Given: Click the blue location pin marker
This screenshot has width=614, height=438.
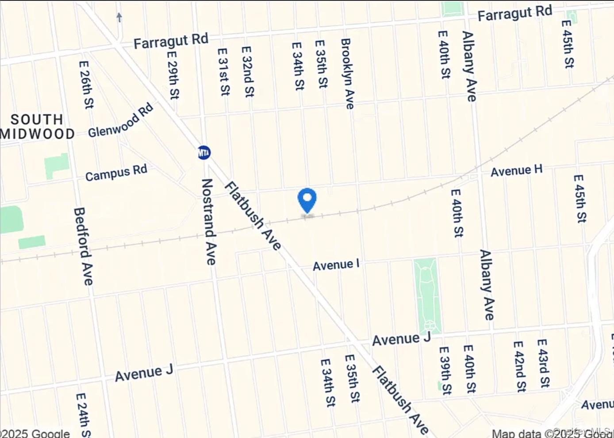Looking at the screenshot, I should click(307, 200).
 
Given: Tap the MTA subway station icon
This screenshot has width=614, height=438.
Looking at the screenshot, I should click(204, 153).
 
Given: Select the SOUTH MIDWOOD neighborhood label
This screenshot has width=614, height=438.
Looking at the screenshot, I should click(38, 127).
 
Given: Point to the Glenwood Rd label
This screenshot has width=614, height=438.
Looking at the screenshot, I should click(120, 120).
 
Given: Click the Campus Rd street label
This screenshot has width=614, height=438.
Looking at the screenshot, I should click(116, 173).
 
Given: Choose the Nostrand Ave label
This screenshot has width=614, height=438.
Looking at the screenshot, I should click(208, 221).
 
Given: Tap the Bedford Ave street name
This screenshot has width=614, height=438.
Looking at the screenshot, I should click(83, 246).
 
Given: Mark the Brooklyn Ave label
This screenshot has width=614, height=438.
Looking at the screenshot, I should click(347, 73).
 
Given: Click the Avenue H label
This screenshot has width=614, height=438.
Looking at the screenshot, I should click(516, 170).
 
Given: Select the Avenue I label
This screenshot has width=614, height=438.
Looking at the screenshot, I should click(336, 265).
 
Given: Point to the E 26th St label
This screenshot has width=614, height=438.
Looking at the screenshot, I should click(86, 85).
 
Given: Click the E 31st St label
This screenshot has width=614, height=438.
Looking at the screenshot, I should click(224, 72).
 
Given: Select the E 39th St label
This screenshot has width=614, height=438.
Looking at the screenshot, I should click(445, 370).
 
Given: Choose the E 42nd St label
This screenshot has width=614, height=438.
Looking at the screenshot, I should click(519, 366).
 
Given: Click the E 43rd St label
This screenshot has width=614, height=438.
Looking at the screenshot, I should click(544, 363).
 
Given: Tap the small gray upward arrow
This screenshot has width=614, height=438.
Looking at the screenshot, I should click(119, 17).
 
